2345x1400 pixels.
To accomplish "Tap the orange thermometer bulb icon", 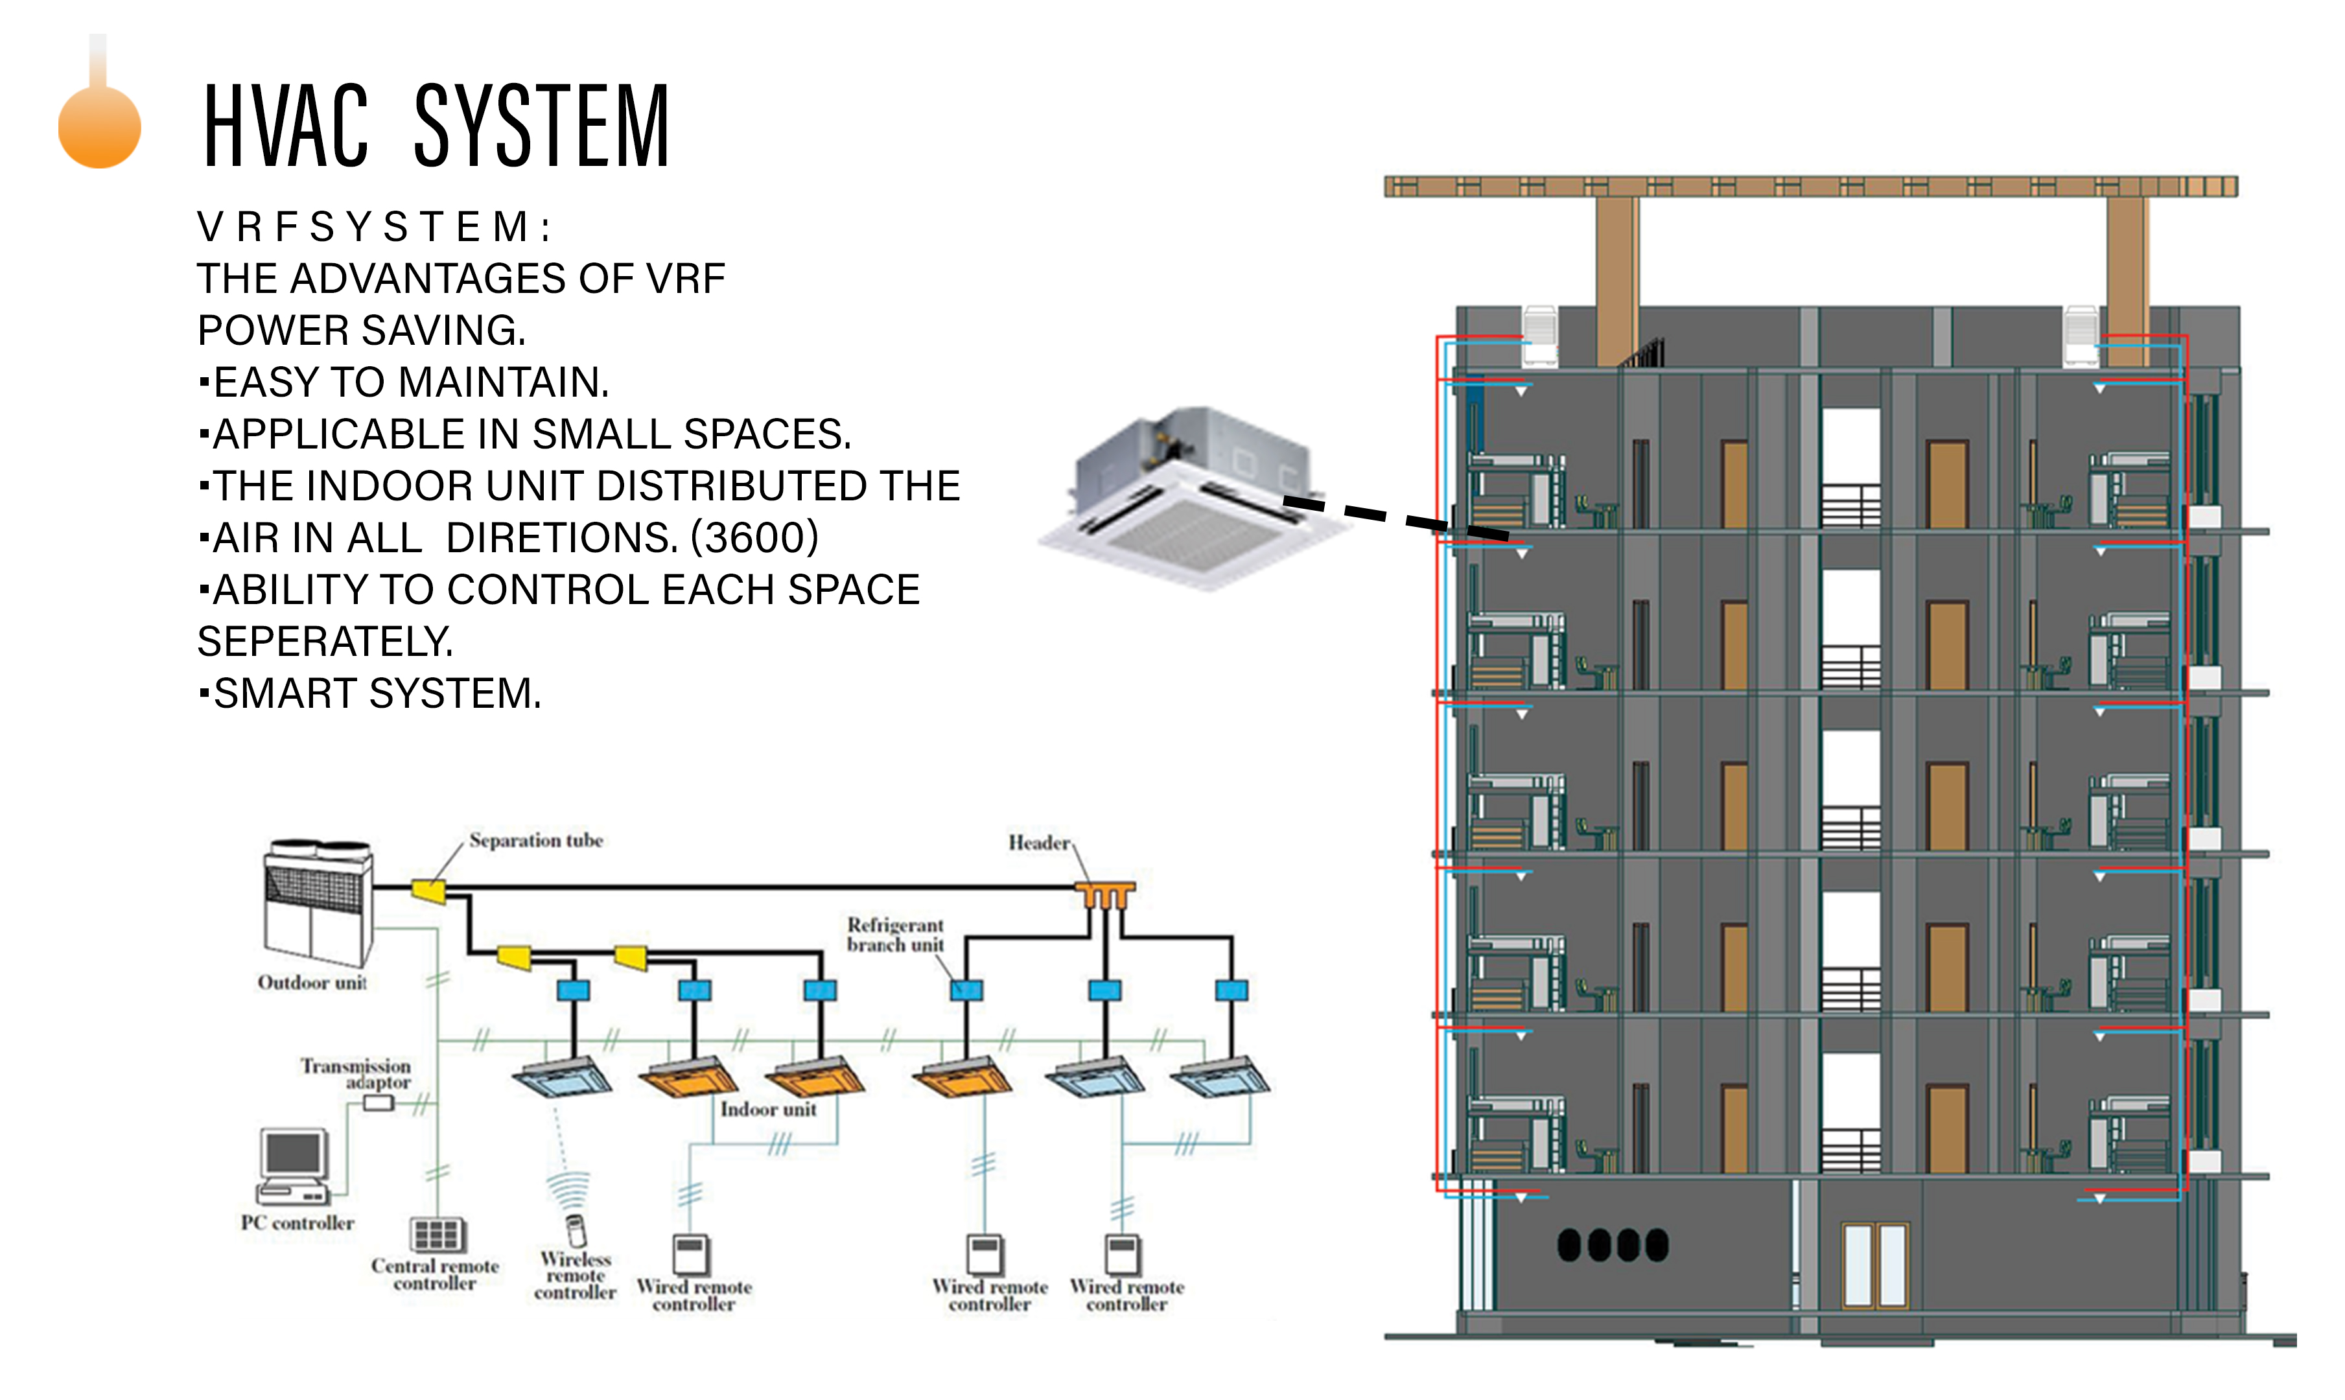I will [x=99, y=127].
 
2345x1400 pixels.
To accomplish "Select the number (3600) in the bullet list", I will [x=754, y=538].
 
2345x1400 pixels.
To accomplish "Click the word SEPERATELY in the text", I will [x=325, y=642].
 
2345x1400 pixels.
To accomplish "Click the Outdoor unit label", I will [x=312, y=983].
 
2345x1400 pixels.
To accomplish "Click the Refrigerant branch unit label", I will [x=895, y=935].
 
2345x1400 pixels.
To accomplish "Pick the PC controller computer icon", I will [x=294, y=1165].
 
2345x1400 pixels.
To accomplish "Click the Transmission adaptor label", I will [x=356, y=1073].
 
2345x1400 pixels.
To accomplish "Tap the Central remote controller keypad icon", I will [x=437, y=1234].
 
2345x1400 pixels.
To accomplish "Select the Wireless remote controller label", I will [x=576, y=1276].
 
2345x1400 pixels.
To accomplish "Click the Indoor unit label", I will [x=769, y=1110].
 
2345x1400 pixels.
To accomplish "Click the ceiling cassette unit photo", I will [x=1193, y=500].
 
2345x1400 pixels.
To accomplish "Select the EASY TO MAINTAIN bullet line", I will [x=410, y=382].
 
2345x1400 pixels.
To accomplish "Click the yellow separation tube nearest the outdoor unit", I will [x=428, y=890].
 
